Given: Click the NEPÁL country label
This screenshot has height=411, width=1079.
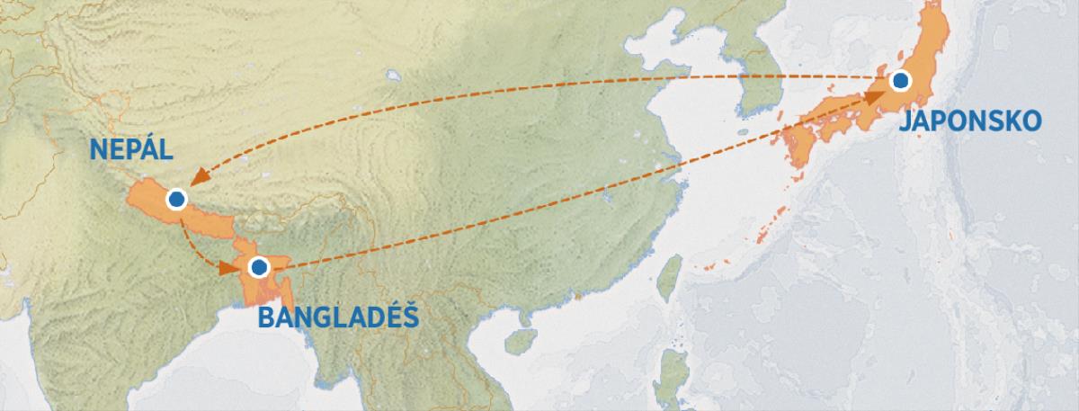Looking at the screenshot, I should tap(131, 150).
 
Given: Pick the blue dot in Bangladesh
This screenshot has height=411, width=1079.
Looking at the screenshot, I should tap(259, 266).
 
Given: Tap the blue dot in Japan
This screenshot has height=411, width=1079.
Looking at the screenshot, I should tap(900, 82).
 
